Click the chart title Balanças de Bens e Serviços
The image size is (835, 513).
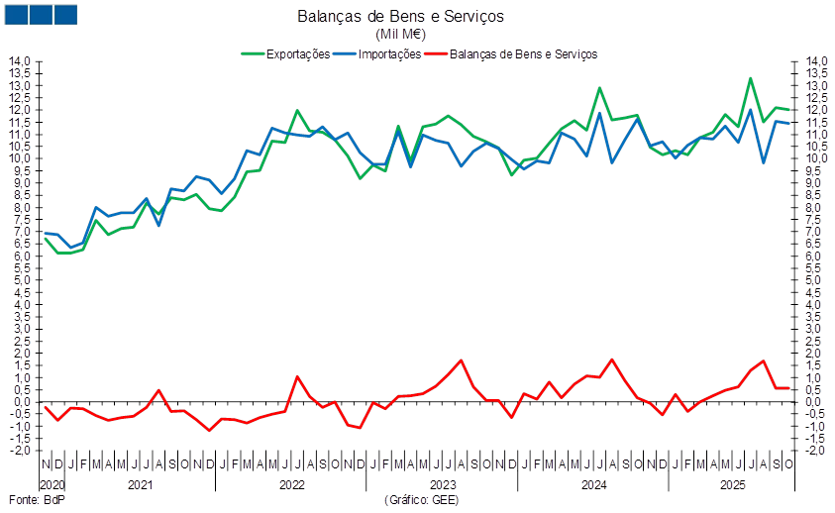pos(400,17)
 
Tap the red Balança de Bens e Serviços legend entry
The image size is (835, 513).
pos(524,54)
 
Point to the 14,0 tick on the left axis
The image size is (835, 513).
pos(22,61)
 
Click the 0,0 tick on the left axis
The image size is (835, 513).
pos(22,402)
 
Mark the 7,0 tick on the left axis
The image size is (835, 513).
pos(22,232)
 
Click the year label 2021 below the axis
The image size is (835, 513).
pos(141,486)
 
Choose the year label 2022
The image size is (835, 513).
pos(291,486)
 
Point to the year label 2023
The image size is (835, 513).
pos(442,486)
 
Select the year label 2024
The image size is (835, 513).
pos(592,486)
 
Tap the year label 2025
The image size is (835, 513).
pos(732,486)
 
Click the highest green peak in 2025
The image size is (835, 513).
pos(751,78)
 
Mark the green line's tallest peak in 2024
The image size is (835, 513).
pos(599,88)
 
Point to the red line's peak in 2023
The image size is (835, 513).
pos(462,359)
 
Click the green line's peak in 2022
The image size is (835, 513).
pos(297,110)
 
